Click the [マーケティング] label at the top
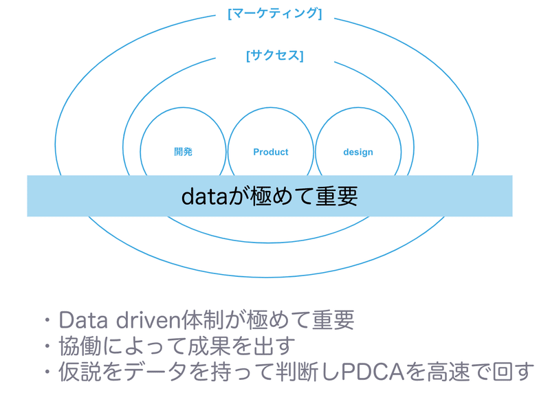click(274, 14)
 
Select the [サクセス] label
click(274, 56)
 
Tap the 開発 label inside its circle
click(183, 152)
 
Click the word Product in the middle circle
click(270, 152)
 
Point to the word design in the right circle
click(358, 152)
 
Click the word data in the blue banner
click(204, 196)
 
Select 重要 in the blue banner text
click(336, 196)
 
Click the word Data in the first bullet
click(83, 320)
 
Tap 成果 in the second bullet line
click(209, 346)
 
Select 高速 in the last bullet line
click(448, 372)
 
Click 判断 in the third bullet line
click(297, 372)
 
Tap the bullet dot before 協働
click(47, 346)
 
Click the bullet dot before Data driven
click(47, 320)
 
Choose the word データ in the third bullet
click(155, 372)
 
